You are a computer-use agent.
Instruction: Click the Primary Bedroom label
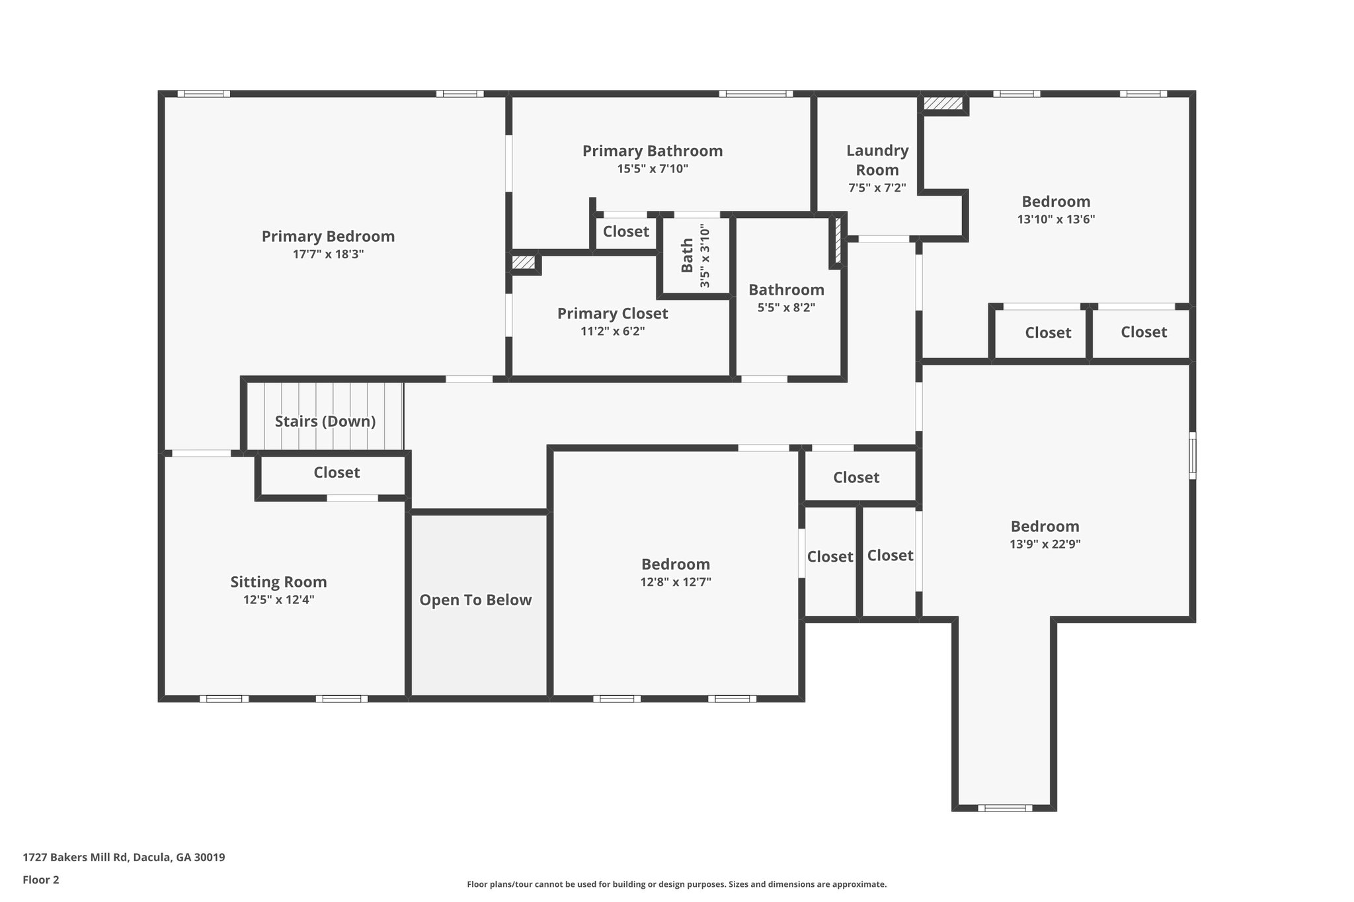point(328,237)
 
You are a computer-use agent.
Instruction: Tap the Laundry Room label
point(877,160)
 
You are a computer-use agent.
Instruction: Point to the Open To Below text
point(475,600)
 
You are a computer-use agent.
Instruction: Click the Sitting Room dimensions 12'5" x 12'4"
point(278,600)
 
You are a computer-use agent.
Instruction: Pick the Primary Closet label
point(612,313)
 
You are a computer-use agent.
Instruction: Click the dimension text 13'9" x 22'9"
point(1045,545)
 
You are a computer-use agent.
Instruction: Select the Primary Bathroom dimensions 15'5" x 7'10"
point(653,169)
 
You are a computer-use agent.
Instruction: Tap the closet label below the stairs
point(337,472)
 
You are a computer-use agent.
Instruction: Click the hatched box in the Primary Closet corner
point(524,262)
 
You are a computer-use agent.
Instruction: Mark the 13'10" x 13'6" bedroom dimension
point(1056,219)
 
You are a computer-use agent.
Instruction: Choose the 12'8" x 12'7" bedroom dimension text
point(675,582)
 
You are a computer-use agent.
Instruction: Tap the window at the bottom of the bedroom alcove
point(1004,808)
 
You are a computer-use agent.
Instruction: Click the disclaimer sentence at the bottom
point(676,884)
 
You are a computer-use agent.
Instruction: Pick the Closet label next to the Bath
point(625,231)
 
